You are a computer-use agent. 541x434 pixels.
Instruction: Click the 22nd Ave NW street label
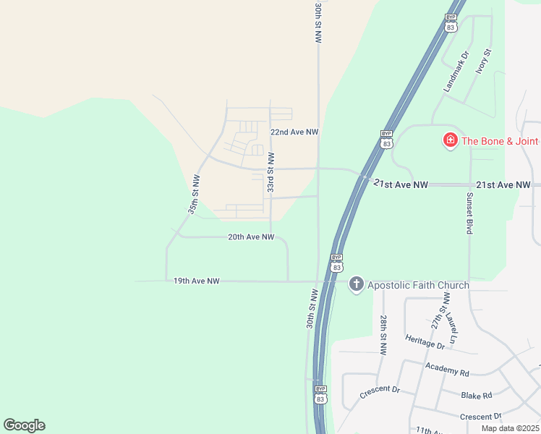point(294,132)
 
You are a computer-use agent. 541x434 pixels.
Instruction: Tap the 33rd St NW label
point(270,172)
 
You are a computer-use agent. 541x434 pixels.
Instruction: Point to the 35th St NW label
point(193,195)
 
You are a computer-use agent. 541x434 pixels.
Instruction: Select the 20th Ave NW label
point(251,237)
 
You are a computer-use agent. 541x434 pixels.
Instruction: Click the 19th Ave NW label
point(196,281)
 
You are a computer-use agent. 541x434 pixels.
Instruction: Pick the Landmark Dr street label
point(456,71)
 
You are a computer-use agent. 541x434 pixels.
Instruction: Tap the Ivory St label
point(482,61)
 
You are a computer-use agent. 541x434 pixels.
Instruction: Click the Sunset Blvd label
point(469,213)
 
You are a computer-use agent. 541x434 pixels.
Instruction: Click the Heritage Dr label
point(425,342)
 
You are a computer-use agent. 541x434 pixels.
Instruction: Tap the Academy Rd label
point(448,370)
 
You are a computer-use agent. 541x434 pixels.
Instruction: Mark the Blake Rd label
point(477,396)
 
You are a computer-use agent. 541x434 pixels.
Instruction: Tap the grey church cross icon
point(356,284)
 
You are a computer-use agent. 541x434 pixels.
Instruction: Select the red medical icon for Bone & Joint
point(450,140)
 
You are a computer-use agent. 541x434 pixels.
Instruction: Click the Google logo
point(24,425)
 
